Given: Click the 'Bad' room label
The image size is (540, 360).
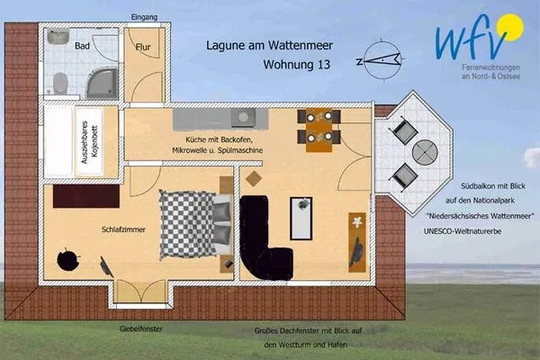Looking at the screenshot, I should coord(81,45).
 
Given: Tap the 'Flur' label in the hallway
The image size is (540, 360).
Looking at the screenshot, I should coord(142,47).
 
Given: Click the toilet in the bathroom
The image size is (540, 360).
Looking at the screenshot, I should coord(60,84).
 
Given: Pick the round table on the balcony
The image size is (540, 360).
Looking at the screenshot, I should coord(417,152).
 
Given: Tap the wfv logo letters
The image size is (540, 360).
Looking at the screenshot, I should coord(463,40).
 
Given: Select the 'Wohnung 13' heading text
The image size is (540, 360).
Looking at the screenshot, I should coord(295,65).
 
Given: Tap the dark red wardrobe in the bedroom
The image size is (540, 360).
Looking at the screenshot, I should coord(85,193).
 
